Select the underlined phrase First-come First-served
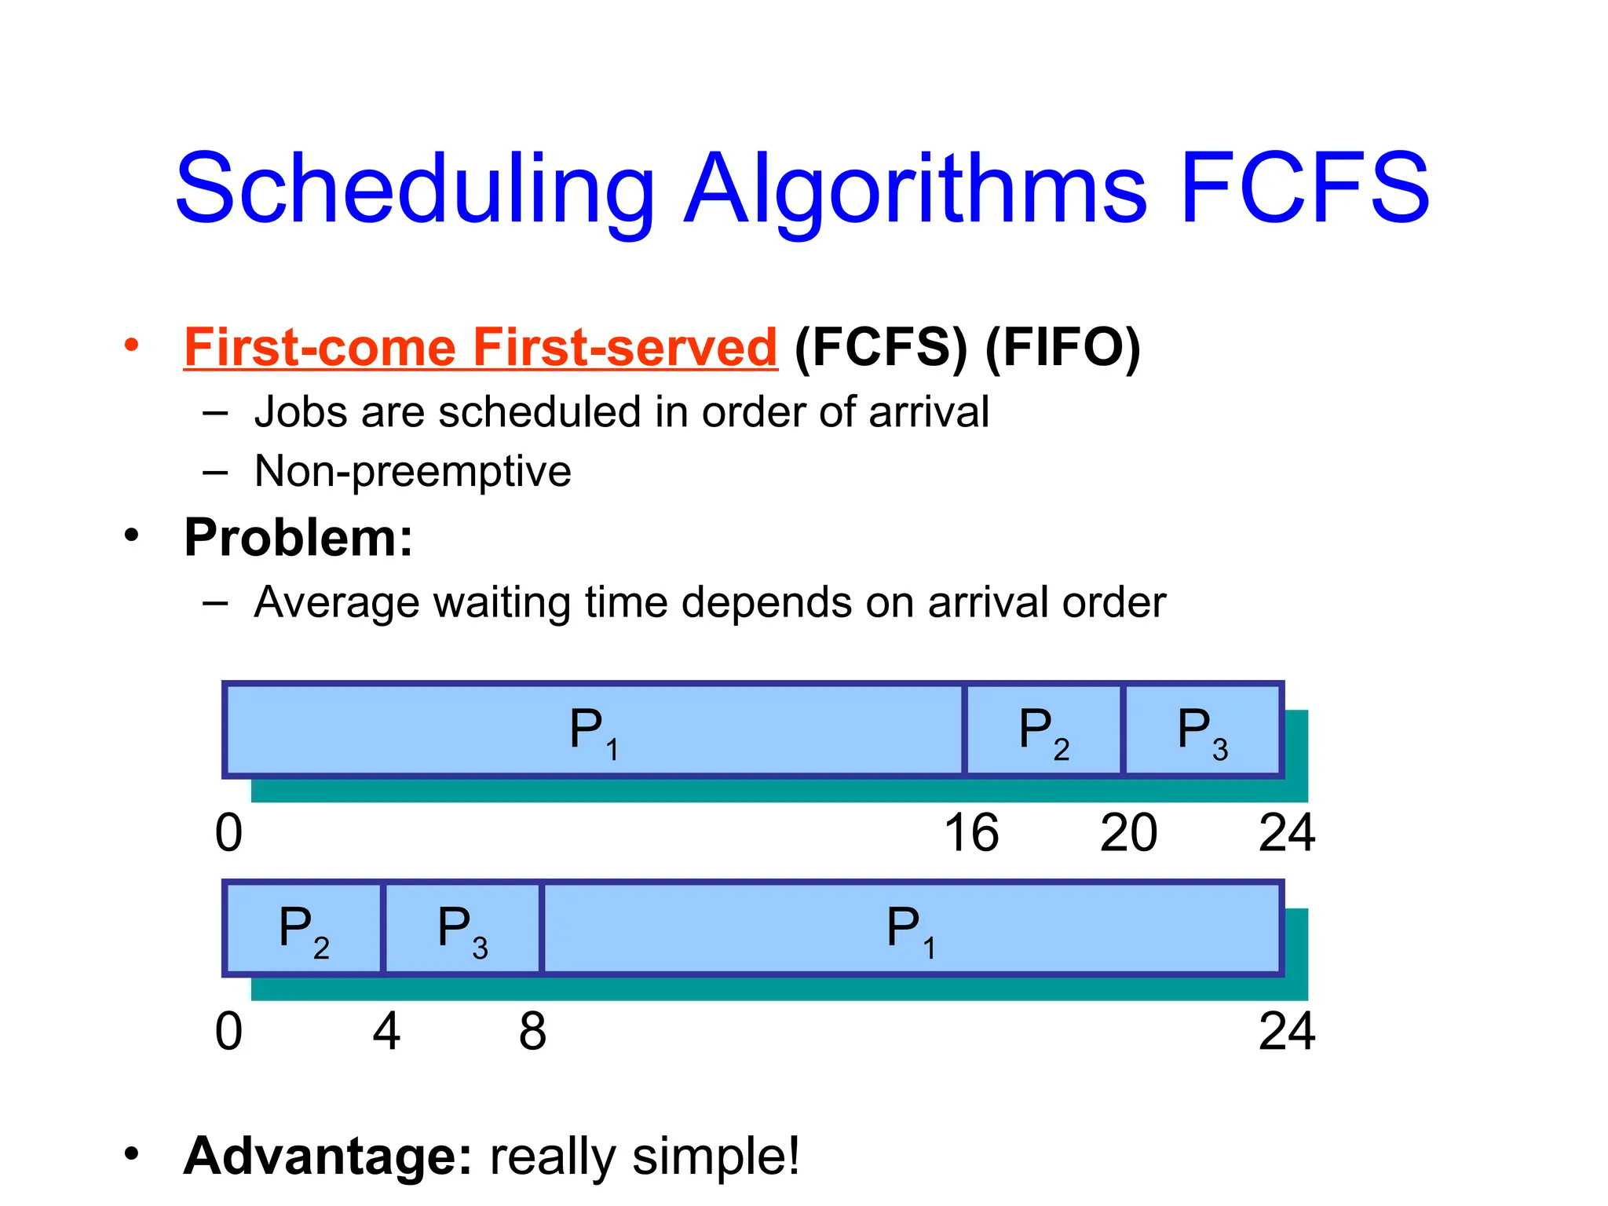pyautogui.click(x=480, y=347)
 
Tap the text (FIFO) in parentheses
pyautogui.click(x=1062, y=347)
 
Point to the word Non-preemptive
pyautogui.click(x=412, y=471)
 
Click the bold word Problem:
pyautogui.click(x=298, y=538)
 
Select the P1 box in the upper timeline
pyautogui.click(x=594, y=730)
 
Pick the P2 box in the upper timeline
pyautogui.click(x=1043, y=730)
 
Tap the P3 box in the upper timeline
pyautogui.click(x=1202, y=730)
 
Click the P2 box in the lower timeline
pyautogui.click(x=304, y=929)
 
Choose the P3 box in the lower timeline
pyautogui.click(x=462, y=929)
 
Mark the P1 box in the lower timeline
pyautogui.click(x=911, y=929)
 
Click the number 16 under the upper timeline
pyautogui.click(x=971, y=833)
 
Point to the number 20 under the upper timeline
pyautogui.click(x=1128, y=833)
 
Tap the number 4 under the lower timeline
pyautogui.click(x=386, y=1031)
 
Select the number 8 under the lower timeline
pyautogui.click(x=532, y=1031)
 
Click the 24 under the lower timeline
pyautogui.click(x=1286, y=1031)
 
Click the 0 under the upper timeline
pyautogui.click(x=228, y=833)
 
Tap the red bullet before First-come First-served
pyautogui.click(x=131, y=345)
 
